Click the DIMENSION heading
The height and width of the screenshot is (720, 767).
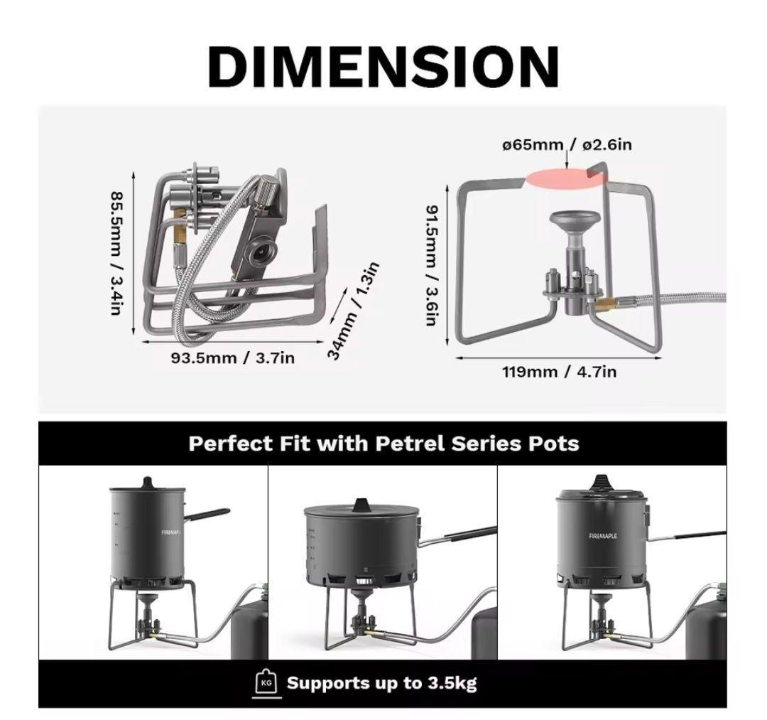click(383, 67)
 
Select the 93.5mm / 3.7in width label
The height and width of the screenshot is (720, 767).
click(233, 358)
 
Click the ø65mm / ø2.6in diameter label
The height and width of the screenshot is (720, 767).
click(567, 145)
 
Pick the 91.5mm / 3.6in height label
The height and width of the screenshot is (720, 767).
click(431, 265)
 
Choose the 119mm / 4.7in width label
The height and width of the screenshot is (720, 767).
click(559, 372)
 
